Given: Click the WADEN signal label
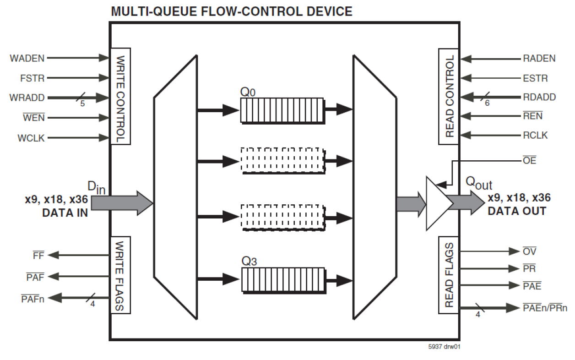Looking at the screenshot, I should point(27,58).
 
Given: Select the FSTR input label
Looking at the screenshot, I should point(33,78).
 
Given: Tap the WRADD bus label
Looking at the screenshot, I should point(27,98).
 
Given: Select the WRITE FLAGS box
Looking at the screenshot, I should point(120,275).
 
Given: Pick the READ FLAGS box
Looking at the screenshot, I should point(449,275).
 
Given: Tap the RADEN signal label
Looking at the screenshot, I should point(539,59).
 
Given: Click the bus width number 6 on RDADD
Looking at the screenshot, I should point(487,104).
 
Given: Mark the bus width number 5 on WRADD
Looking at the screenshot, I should point(82,104).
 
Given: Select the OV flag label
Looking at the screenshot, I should point(529,251).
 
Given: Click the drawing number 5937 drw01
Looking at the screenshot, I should point(444,347).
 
